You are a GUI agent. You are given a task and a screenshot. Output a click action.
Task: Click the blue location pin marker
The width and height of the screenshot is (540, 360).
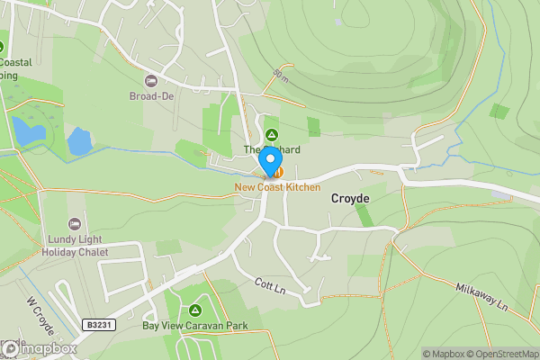268,161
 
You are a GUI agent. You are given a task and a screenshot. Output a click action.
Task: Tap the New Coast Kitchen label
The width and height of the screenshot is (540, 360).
277,187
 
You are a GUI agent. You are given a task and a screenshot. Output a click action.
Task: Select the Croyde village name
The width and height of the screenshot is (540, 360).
350,197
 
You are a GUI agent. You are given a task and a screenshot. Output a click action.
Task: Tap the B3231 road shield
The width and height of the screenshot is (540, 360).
103,324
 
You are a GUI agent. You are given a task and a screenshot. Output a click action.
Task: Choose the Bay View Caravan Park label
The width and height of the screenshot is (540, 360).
195,325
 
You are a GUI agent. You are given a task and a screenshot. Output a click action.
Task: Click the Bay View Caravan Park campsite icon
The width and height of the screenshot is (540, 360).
195,310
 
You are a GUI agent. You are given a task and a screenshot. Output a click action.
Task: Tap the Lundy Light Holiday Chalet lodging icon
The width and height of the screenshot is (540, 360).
75,223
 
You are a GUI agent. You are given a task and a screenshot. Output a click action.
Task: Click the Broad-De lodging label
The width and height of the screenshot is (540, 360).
150,94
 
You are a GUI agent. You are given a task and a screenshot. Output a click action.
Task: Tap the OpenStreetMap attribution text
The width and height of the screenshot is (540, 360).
500,354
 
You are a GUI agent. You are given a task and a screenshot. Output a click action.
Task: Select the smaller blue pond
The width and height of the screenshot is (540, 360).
79,141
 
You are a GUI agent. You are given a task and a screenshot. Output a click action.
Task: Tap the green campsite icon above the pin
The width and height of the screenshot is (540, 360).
271,134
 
